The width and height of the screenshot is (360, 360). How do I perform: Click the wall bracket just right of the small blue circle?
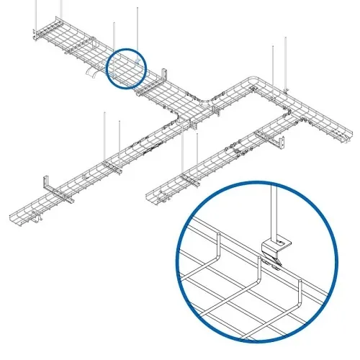(x=166, y=76)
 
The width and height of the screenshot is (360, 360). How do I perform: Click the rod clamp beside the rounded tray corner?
(x=285, y=91)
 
